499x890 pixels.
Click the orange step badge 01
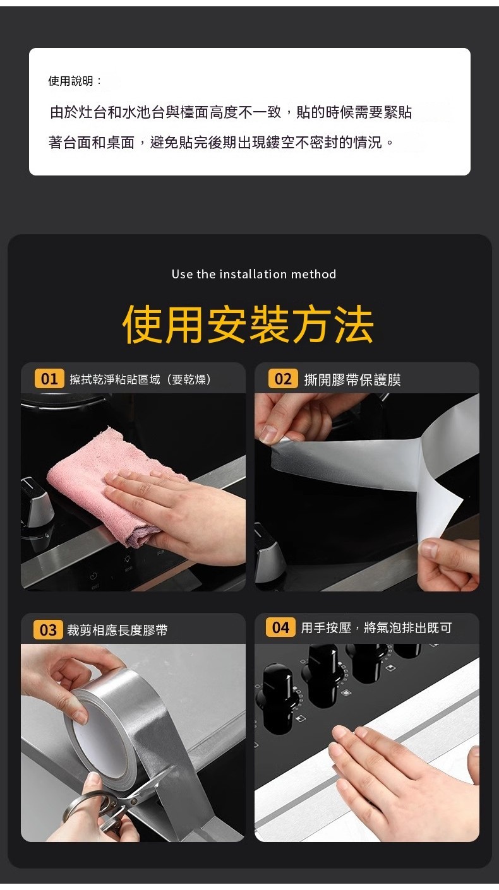click(49, 379)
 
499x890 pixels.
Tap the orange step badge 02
click(283, 379)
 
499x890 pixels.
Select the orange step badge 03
click(49, 630)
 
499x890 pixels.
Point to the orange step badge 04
click(280, 627)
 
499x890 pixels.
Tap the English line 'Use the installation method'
click(254, 274)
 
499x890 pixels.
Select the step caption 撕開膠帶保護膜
click(352, 380)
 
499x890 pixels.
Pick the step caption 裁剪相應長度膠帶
click(117, 630)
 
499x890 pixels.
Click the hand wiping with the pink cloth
click(175, 504)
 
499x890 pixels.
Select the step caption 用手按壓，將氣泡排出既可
click(376, 628)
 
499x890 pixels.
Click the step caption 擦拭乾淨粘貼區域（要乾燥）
click(141, 379)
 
